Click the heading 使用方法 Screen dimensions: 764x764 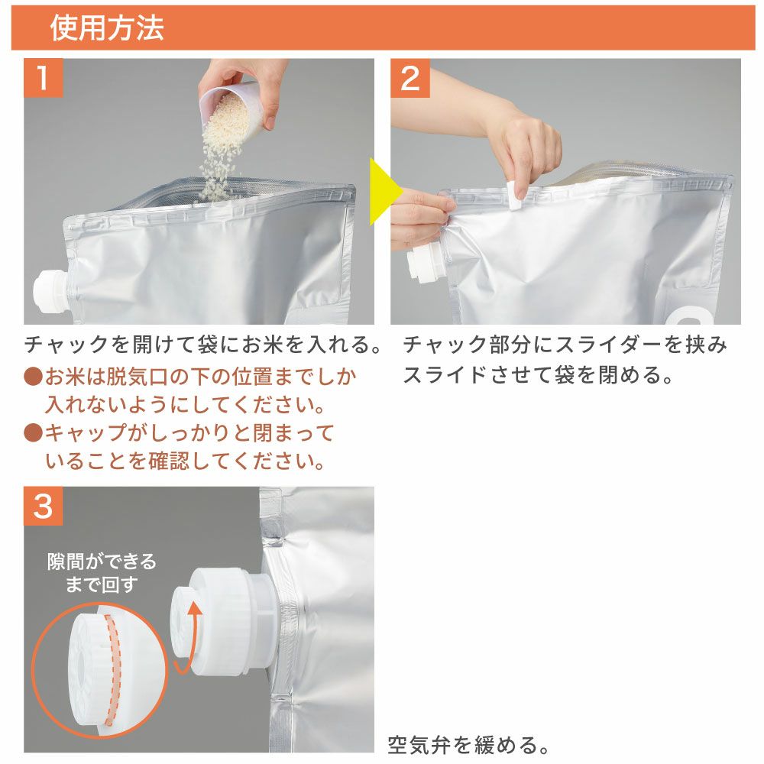(x=107, y=28)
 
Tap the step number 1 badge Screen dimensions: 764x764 (x=43, y=77)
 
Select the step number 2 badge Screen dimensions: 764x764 (x=410, y=77)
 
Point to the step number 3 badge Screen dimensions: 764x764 (x=43, y=506)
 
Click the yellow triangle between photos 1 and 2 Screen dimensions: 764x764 (x=385, y=192)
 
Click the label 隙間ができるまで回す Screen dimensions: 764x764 (x=102, y=572)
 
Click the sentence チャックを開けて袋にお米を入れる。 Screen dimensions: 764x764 (x=203, y=345)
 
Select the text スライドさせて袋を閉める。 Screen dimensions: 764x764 (x=538, y=374)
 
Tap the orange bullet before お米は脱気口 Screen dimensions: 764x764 (x=33, y=376)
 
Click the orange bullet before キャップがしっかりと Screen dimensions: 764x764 (x=33, y=432)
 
